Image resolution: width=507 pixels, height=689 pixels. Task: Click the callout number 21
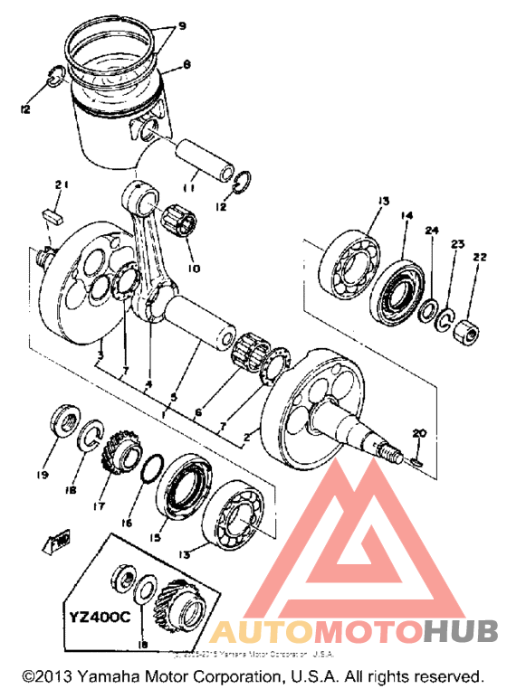(62, 185)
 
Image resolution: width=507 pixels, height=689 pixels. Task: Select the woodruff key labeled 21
(52, 217)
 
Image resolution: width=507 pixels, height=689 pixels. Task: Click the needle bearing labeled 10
(178, 222)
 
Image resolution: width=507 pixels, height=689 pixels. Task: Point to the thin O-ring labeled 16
(154, 471)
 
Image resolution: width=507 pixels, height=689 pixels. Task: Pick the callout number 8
(187, 64)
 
